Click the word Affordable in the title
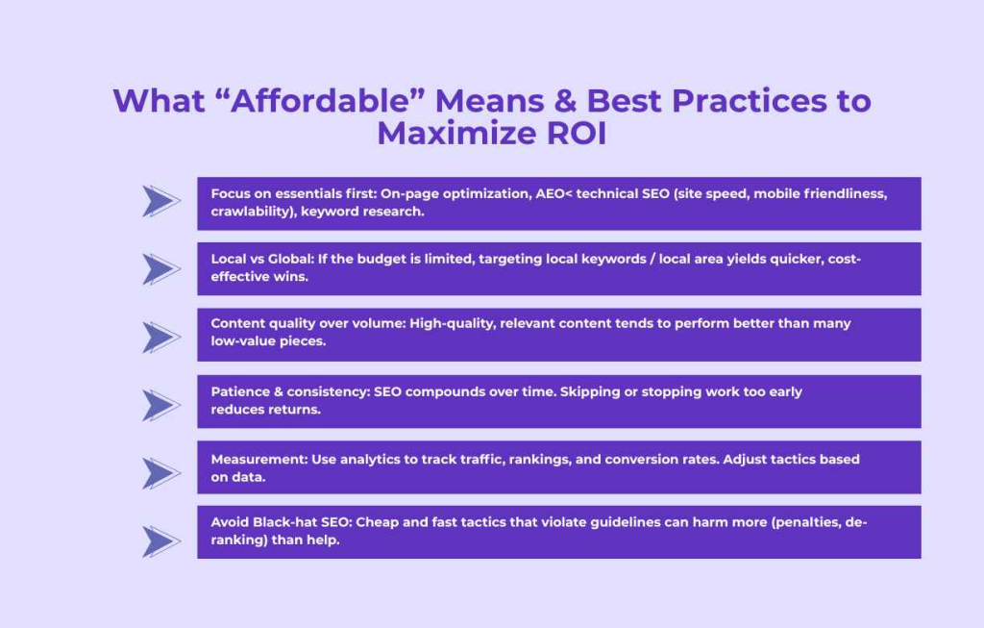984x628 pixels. (320, 100)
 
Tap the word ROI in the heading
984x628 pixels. (577, 133)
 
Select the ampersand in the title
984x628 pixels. (565, 100)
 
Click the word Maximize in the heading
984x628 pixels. (456, 133)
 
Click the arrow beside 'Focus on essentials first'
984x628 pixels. (161, 202)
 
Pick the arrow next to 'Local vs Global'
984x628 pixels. (161, 269)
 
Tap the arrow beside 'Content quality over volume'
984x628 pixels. (161, 338)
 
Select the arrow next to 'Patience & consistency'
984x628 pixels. (161, 405)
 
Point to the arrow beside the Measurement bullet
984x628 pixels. (161, 473)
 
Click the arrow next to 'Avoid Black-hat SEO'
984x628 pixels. (161, 540)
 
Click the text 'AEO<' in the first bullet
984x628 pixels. (553, 193)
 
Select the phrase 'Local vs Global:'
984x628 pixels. (262, 259)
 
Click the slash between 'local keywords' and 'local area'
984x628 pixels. (652, 259)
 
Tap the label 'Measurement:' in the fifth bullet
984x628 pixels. (259, 459)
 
